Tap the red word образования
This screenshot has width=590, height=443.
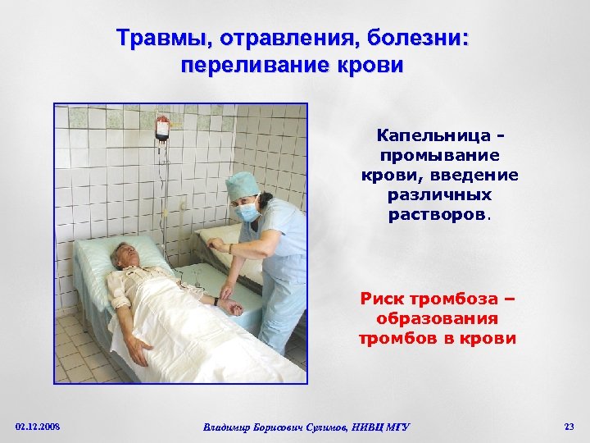click(439, 318)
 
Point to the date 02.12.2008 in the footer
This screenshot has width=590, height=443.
click(38, 426)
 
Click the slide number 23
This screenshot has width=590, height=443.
click(569, 426)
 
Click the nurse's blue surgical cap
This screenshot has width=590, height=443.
click(243, 185)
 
